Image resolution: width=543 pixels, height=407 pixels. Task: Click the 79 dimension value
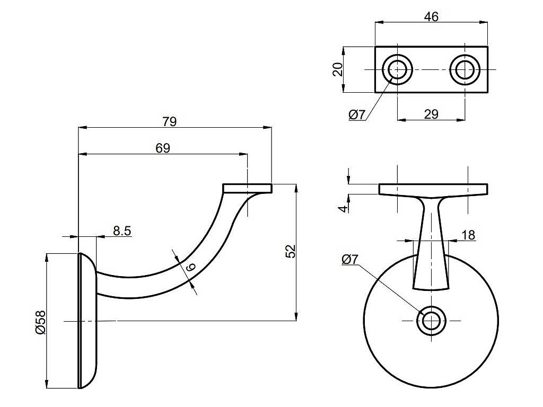(x=169, y=121)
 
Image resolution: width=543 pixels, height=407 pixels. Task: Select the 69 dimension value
(x=163, y=148)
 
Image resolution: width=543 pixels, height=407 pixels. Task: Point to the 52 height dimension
(x=290, y=252)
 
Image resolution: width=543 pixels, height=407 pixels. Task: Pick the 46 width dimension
(x=431, y=16)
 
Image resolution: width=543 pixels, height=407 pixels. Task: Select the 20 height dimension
(x=338, y=69)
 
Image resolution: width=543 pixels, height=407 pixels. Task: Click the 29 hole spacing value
(x=431, y=114)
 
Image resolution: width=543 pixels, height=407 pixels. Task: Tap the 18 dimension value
(x=468, y=235)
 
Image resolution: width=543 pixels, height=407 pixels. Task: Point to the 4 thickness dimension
(x=344, y=207)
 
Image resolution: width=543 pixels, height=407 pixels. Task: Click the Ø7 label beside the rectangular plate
(x=357, y=114)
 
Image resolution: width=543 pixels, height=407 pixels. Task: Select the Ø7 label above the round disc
(x=351, y=260)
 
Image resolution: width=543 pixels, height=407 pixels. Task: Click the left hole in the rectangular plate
(x=397, y=69)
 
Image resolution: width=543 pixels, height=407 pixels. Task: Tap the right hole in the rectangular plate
(x=465, y=69)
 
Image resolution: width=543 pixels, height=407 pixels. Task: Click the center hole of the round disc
(x=431, y=321)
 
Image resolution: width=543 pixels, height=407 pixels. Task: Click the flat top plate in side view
(x=247, y=188)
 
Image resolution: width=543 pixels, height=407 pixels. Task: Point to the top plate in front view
(x=433, y=189)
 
